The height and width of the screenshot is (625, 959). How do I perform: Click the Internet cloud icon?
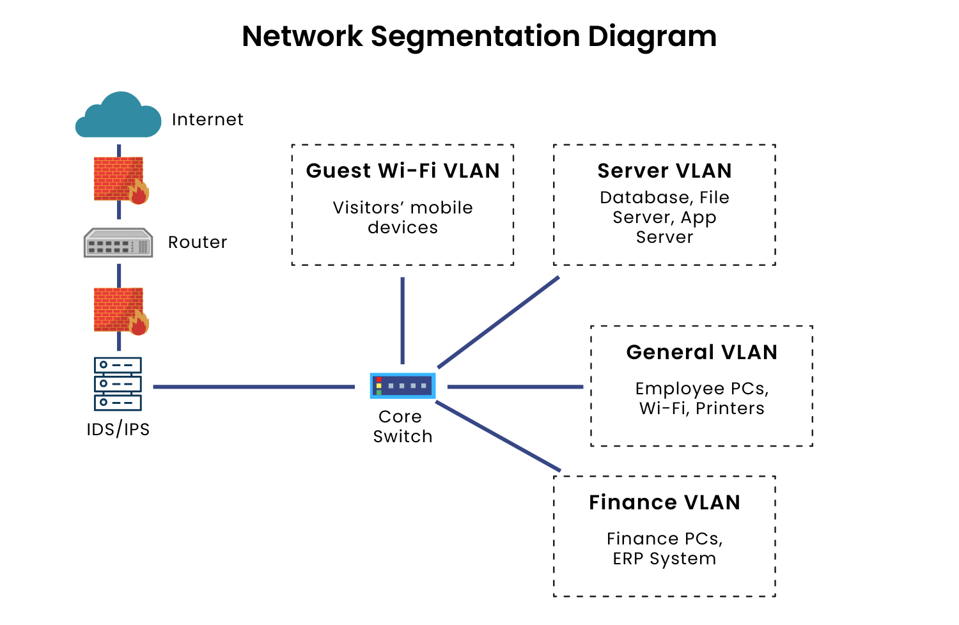point(118,115)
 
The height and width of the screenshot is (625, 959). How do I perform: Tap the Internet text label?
point(208,120)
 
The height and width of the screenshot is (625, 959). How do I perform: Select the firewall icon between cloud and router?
point(121,180)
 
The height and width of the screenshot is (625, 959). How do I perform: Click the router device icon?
point(118,242)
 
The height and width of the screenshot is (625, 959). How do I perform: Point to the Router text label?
point(198,242)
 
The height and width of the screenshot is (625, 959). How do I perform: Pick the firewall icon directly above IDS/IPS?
point(121,311)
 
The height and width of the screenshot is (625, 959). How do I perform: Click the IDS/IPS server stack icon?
point(118,384)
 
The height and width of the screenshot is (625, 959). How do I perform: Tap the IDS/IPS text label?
point(118,429)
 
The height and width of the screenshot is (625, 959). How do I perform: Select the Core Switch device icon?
point(403,386)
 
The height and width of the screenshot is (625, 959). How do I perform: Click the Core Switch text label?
point(402,426)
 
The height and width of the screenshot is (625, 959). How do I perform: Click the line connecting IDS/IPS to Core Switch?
point(254,387)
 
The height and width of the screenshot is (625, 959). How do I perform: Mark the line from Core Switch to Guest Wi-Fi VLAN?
point(402,321)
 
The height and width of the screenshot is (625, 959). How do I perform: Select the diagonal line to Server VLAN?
point(498,322)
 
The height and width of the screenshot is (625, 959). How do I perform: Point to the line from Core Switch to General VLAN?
point(515,387)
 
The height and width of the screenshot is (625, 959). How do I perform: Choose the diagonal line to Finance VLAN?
point(498,436)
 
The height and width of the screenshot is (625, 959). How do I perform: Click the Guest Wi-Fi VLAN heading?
point(403,171)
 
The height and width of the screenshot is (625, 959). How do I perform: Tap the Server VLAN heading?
point(664,171)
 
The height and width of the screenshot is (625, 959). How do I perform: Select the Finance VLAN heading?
point(664,502)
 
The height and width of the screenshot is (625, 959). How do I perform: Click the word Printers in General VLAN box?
point(730,408)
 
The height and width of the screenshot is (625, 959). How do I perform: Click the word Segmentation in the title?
point(475,38)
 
